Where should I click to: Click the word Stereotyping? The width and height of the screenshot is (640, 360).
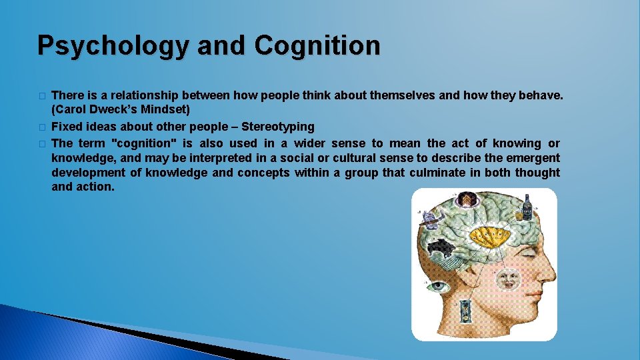pyautogui.click(x=277, y=127)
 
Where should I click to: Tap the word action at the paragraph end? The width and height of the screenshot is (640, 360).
pyautogui.click(x=97, y=187)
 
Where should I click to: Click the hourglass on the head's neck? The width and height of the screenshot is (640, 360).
pyautogui.click(x=465, y=311)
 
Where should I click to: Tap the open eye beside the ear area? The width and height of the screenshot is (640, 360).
pyautogui.click(x=437, y=287)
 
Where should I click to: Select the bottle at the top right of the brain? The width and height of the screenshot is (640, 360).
pyautogui.click(x=527, y=207)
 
